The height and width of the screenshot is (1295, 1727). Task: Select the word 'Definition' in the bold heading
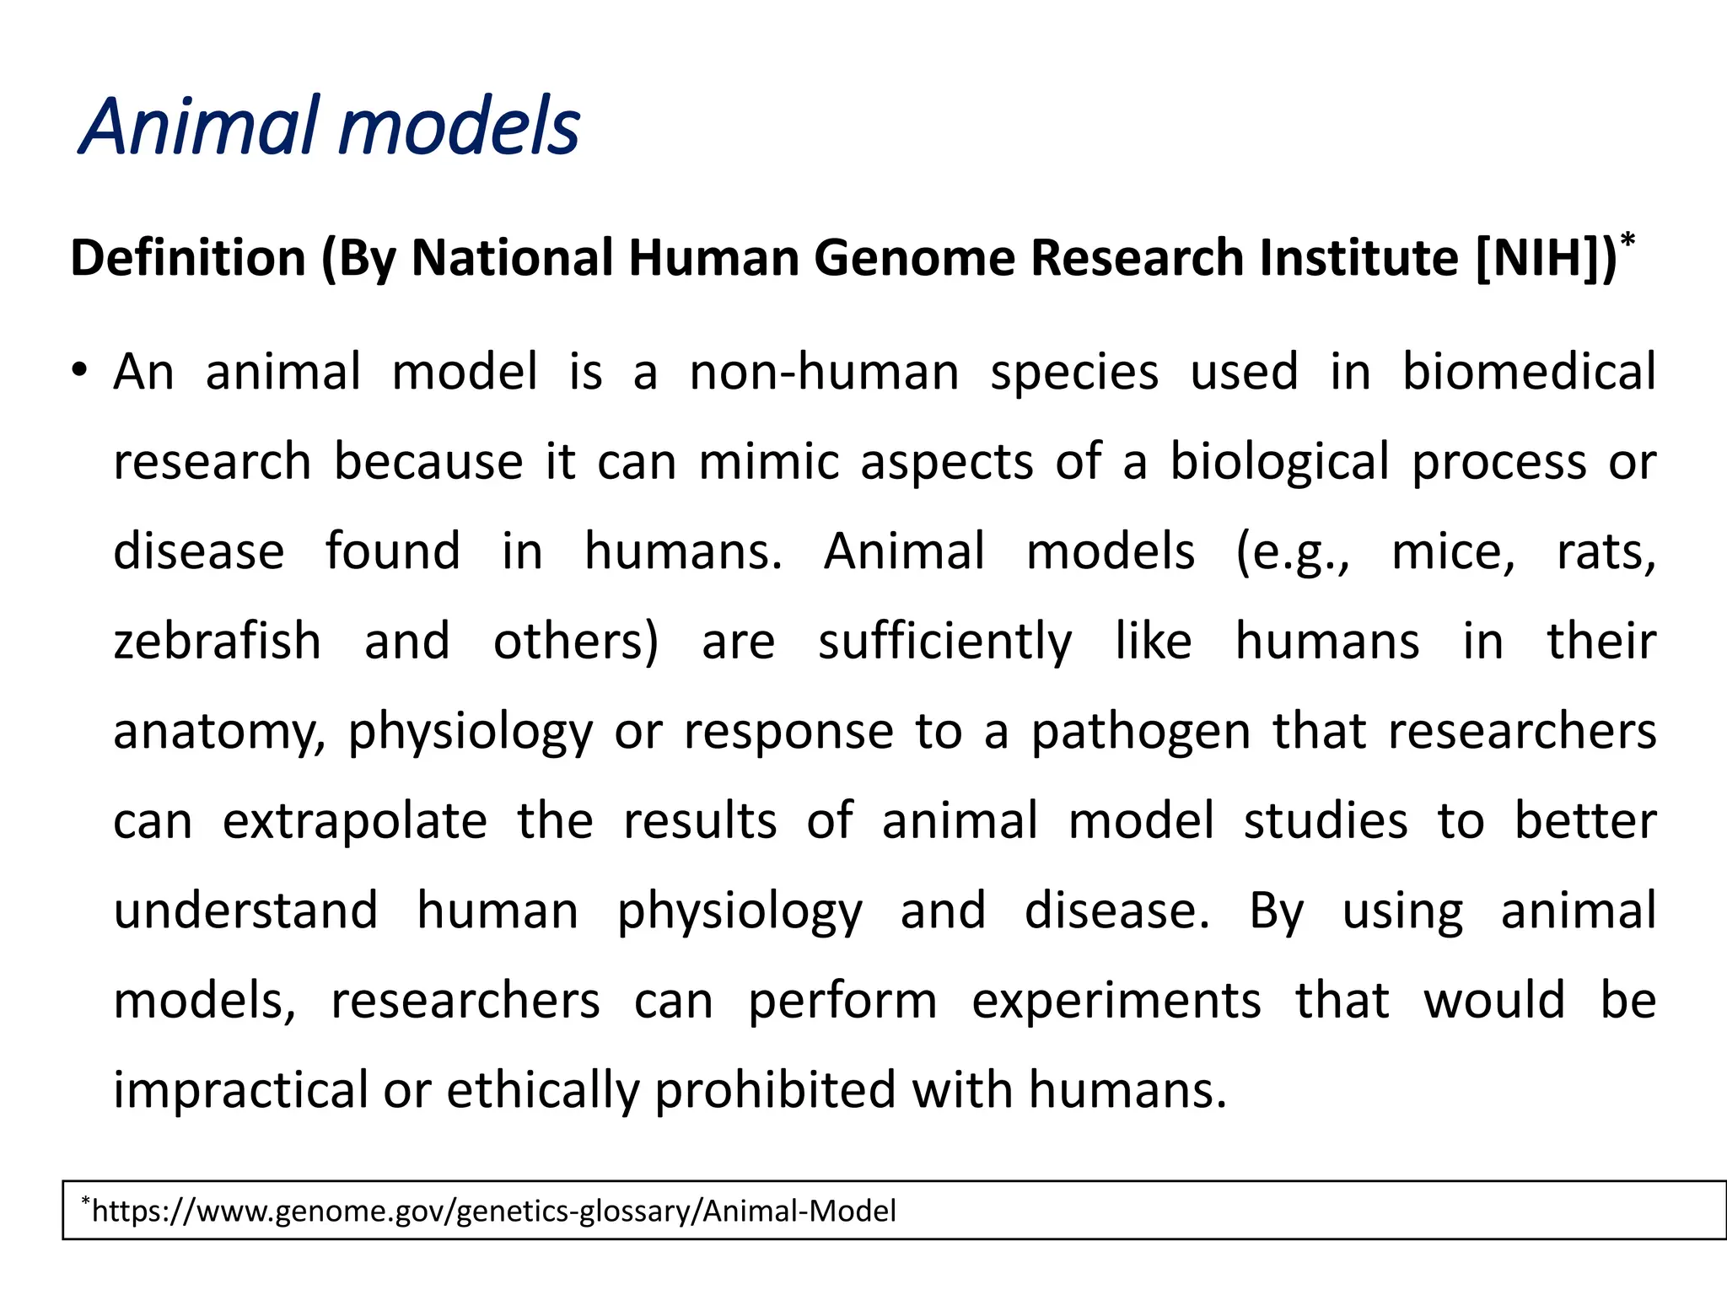tap(188, 257)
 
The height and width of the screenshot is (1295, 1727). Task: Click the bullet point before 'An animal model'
tap(79, 371)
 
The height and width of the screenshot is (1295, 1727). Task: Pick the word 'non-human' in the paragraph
tap(824, 373)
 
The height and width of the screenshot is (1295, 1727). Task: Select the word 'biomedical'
tap(1529, 371)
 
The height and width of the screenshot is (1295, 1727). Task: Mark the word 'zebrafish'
tap(218, 641)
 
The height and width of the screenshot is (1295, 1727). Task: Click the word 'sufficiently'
tap(944, 642)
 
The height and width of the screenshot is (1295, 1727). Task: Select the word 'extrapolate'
tap(355, 821)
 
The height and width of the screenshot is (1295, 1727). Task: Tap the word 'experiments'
tap(1116, 1002)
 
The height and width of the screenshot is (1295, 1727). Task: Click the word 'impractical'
tap(241, 1090)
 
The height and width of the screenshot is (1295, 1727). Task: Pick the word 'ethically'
tap(543, 1090)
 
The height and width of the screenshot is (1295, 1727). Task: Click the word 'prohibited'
tap(775, 1090)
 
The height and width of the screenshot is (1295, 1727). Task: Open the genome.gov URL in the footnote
tap(493, 1212)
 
